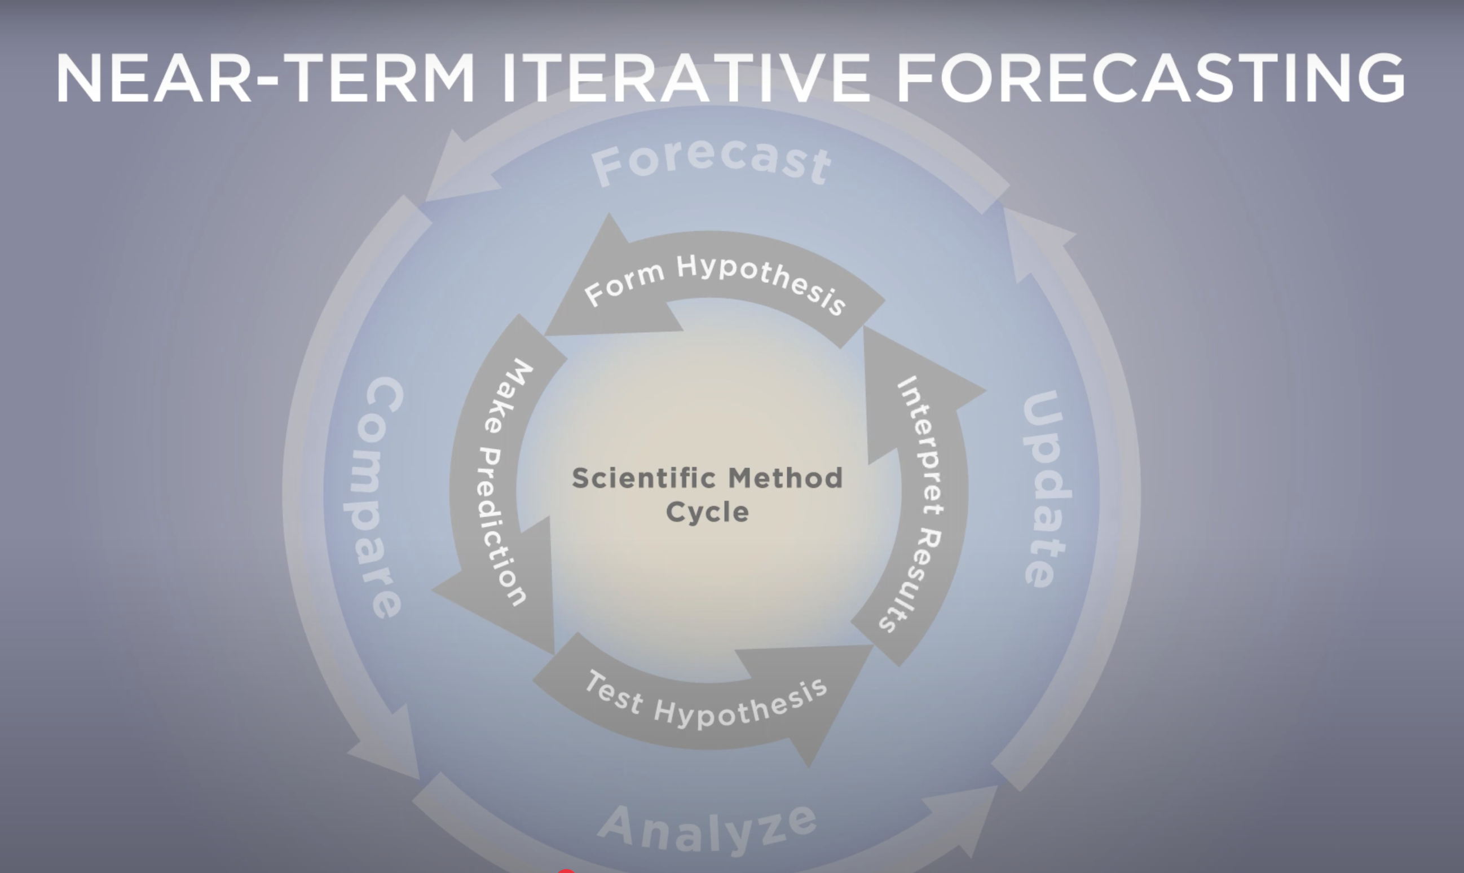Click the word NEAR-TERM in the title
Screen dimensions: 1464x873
pyautogui.click(x=265, y=78)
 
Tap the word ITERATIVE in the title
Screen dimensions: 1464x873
pyautogui.click(x=686, y=78)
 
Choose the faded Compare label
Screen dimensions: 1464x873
pyautogui.click(x=374, y=497)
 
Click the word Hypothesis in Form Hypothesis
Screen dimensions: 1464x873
pyautogui.click(x=762, y=283)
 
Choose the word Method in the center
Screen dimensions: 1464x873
pyautogui.click(x=786, y=478)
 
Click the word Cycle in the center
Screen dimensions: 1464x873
pyautogui.click(x=708, y=512)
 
